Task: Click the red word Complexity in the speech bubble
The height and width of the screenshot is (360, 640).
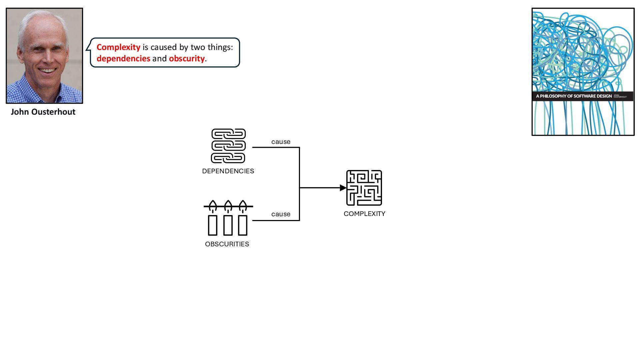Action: (118, 47)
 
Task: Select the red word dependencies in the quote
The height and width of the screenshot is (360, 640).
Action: (123, 59)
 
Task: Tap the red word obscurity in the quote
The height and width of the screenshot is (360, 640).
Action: (187, 59)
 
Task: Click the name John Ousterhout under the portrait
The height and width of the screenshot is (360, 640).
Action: (43, 112)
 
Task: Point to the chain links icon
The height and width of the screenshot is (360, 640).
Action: (228, 146)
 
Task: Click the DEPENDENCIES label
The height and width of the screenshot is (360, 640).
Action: (228, 171)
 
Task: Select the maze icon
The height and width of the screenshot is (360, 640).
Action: (364, 188)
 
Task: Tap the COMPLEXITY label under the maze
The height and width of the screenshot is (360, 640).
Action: (364, 214)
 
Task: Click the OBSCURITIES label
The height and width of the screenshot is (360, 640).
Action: (227, 244)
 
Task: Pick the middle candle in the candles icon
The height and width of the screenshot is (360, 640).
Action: (228, 225)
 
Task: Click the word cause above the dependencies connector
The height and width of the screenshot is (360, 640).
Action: (281, 142)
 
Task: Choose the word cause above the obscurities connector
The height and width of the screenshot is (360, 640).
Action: (281, 214)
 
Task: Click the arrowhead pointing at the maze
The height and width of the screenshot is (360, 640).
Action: (343, 188)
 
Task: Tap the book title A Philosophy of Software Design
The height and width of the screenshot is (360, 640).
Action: (574, 96)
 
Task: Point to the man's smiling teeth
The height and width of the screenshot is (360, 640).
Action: (47, 71)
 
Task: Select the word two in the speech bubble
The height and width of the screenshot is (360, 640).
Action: (198, 47)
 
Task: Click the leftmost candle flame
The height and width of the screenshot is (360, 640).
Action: (213, 204)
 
